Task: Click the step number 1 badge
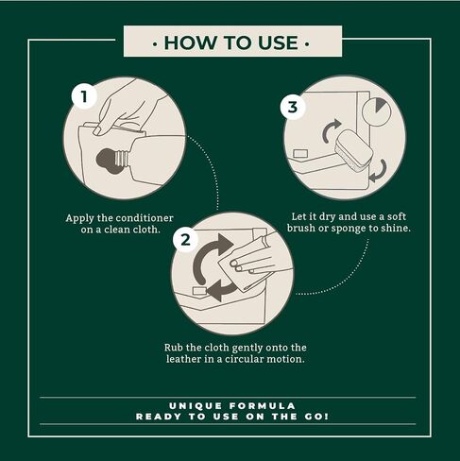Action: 84,96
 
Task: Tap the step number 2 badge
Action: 185,240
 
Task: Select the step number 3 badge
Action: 293,107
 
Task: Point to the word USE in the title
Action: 278,43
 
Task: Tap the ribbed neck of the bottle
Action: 122,159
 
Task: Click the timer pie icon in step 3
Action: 376,111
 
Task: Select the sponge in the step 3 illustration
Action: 354,150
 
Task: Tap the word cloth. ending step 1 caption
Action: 146,230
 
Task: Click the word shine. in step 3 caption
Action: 396,229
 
